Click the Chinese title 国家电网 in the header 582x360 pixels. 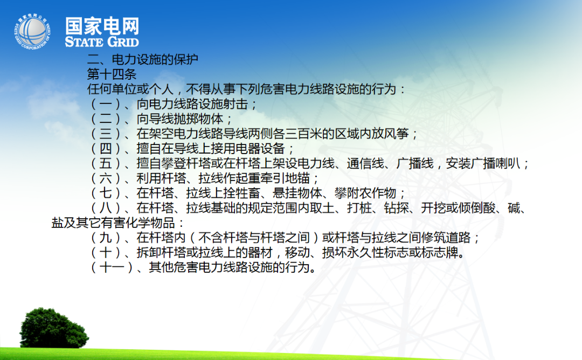(102, 26)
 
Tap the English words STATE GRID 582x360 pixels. (102, 41)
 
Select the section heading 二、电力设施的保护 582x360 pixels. (142, 59)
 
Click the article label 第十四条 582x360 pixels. (112, 74)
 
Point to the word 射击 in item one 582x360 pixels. (235, 104)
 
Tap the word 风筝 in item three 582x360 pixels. (397, 134)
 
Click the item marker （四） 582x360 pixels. (106, 148)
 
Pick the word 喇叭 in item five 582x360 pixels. (508, 163)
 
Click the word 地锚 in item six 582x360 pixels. (297, 178)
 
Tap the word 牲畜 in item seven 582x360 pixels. (248, 193)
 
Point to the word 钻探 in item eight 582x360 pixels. (397, 208)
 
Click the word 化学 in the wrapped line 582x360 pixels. (138, 223)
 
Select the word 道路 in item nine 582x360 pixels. (458, 238)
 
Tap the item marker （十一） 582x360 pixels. (112, 267)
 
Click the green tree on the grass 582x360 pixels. (54, 328)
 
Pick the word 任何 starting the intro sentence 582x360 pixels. (100, 89)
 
